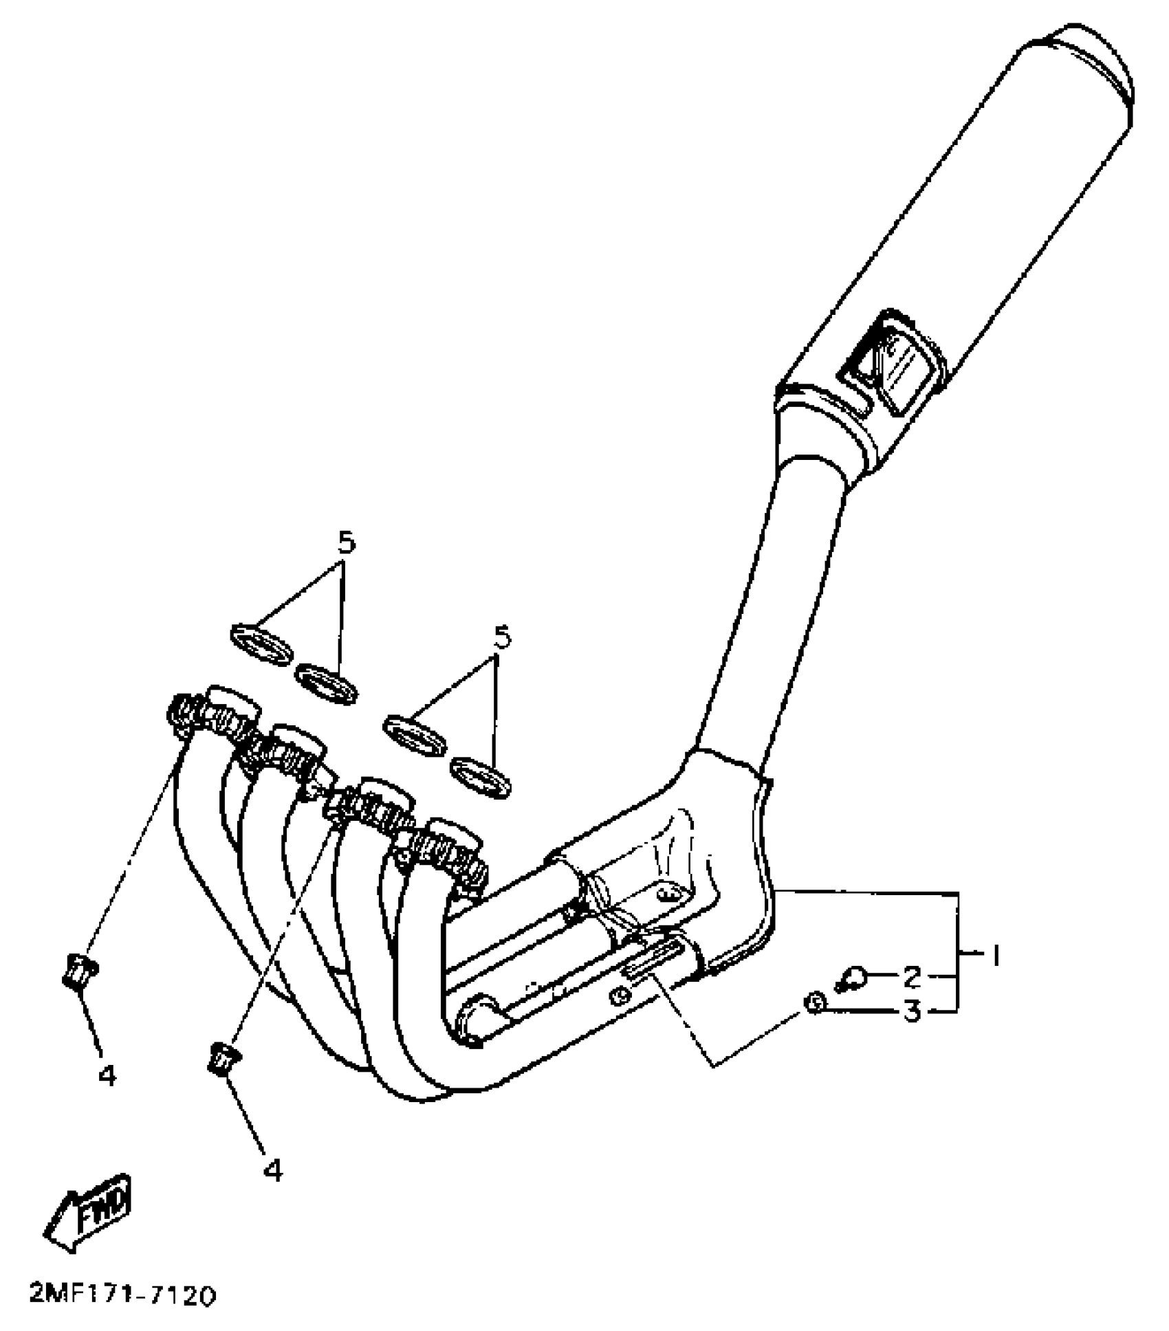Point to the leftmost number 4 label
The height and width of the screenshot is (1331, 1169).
pyautogui.click(x=107, y=1075)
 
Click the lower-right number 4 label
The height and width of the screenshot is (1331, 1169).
pyautogui.click(x=273, y=1171)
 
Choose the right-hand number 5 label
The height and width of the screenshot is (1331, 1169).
pyautogui.click(x=503, y=638)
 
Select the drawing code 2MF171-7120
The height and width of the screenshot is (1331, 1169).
pyautogui.click(x=122, y=1296)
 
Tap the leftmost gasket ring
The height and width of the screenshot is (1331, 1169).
pyautogui.click(x=260, y=644)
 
